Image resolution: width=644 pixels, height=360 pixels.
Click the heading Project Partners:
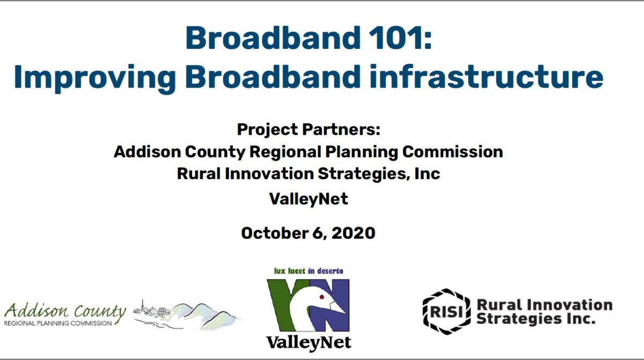[x=309, y=129]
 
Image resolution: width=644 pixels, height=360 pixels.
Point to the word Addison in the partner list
[x=147, y=151]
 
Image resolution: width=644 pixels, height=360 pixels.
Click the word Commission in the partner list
[x=452, y=151]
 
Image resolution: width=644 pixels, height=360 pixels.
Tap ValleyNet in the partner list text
[x=309, y=199]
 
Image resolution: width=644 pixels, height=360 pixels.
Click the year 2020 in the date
[x=353, y=233]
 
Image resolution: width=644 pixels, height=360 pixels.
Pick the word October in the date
[x=275, y=233]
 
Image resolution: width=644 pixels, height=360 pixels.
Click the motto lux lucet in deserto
[x=309, y=271]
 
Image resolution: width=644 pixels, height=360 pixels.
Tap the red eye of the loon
[x=321, y=297]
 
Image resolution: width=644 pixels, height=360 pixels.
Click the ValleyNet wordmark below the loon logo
[x=309, y=343]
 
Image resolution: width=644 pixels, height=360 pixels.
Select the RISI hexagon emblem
[x=447, y=312]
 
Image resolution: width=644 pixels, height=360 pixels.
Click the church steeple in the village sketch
[x=142, y=305]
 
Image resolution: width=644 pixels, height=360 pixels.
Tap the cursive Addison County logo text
[x=65, y=311]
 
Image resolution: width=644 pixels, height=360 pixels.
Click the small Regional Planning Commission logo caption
[x=58, y=323]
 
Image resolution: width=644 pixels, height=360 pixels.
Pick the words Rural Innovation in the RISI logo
[x=545, y=305]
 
